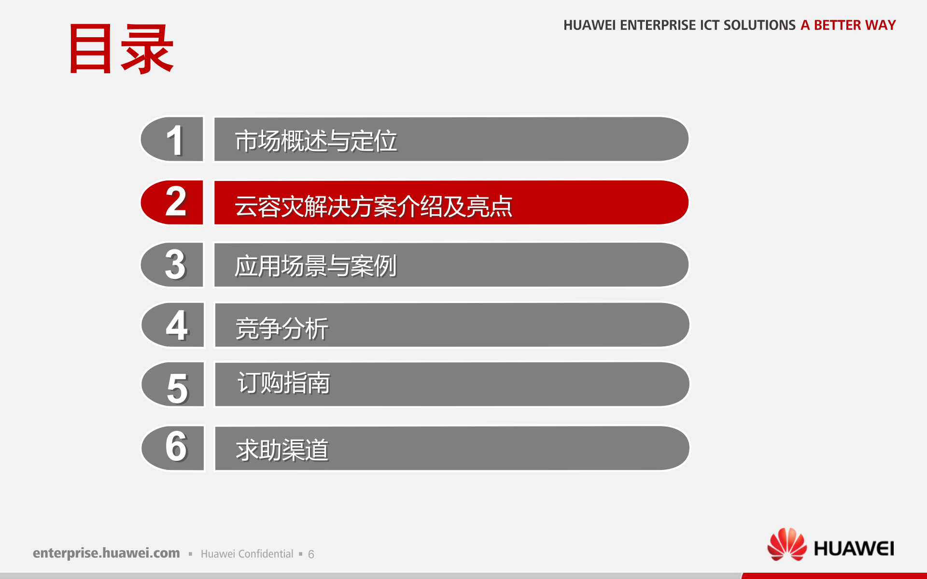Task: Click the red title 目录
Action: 121,49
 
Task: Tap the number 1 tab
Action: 172,139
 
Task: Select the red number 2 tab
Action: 172,203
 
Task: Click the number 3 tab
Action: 172,264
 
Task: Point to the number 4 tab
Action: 172,325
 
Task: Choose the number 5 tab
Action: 172,385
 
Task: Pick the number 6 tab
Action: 172,448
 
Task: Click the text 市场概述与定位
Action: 316,141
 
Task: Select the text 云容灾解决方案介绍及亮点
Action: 374,207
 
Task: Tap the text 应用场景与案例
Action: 316,266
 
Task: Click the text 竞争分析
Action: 282,329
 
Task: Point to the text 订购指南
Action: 284,383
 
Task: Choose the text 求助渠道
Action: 282,450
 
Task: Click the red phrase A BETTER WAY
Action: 848,25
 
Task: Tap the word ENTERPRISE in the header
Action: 660,25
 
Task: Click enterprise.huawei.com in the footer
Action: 106,553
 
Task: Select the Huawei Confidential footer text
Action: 247,554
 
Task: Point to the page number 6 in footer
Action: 311,554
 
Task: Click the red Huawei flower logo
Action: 787,544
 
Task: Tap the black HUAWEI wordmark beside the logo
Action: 854,549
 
